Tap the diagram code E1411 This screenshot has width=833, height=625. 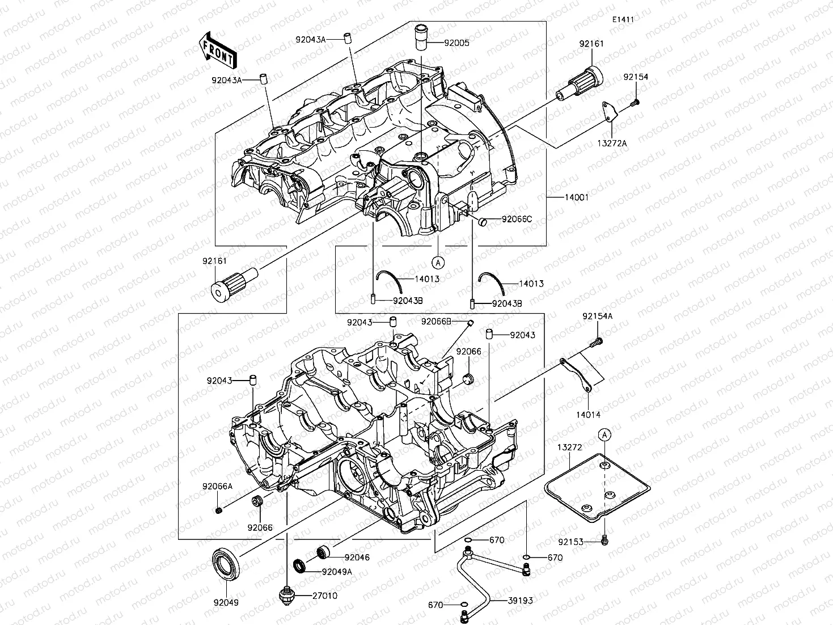[622, 19]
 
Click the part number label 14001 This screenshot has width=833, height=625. [576, 197]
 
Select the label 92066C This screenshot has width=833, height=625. [517, 219]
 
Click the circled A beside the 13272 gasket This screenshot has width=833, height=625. [605, 435]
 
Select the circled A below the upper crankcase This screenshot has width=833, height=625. [438, 262]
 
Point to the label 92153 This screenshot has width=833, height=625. [570, 542]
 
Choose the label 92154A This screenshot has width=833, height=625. [597, 316]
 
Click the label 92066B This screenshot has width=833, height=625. [436, 322]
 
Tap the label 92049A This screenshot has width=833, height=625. [337, 572]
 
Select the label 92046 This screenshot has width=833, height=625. [357, 558]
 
